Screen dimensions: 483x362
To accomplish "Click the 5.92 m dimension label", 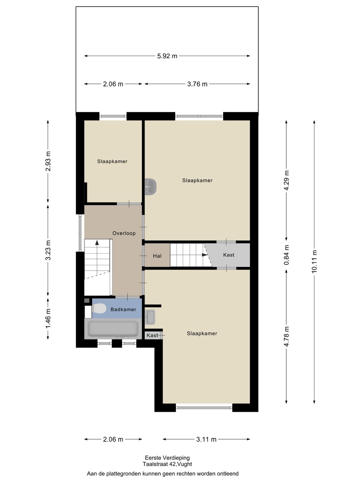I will pos(167,56).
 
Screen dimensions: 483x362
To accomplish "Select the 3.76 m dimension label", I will pos(197,84).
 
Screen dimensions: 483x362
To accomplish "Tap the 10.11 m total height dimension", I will pos(314,261).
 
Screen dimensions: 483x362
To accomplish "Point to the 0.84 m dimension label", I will pos(286,255).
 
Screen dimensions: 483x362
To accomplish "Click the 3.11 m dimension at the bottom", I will pos(206,439).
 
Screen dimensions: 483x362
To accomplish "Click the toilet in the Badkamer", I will pos(99,308).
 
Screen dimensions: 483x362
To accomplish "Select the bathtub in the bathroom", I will pos(113,329).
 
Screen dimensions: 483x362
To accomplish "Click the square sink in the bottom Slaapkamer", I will pos(150,317).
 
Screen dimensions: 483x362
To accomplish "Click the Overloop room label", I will pos(124,233).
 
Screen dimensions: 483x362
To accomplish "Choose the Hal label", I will pos(157,256).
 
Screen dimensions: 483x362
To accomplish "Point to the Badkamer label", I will pos(123,310).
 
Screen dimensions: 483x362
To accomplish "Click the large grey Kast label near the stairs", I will pos(229,255).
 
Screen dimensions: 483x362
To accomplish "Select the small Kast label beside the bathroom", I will pos(152,335).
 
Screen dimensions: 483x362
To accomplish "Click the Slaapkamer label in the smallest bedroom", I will pos(112,161).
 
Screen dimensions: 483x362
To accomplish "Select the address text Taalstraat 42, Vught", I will pos(167,464).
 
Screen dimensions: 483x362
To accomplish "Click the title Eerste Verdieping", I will pos(167,458).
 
